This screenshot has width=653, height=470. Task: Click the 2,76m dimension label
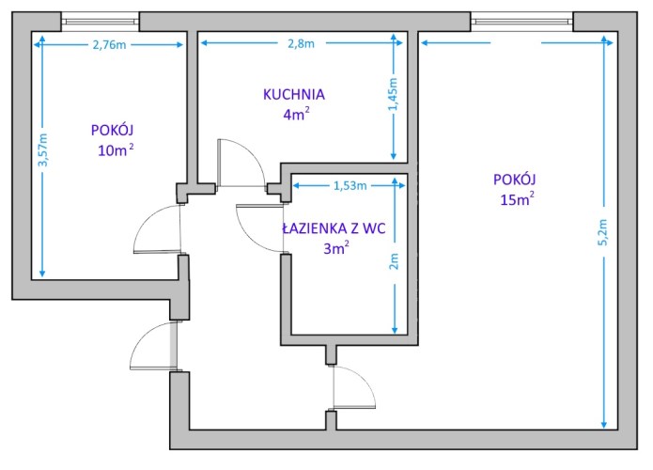point(109,44)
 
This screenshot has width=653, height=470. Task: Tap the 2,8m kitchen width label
point(301,43)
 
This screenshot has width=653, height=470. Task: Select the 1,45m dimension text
point(393,95)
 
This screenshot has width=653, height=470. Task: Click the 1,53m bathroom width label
point(350,185)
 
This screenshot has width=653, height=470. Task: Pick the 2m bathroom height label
point(394,261)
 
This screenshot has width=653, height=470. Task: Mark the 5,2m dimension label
point(603,232)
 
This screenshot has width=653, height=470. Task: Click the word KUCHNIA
point(294,95)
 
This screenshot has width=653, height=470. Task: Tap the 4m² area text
point(296,114)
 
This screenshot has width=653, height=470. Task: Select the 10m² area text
point(116,150)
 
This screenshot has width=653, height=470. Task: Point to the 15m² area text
point(518,199)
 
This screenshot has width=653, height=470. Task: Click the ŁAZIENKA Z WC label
point(334,228)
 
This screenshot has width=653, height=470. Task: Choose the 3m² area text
point(336,248)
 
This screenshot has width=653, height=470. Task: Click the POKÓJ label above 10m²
point(112,130)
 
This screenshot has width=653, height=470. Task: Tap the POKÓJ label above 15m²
point(514,180)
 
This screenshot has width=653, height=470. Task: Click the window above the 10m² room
point(100,22)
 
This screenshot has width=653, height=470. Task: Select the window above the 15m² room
point(521,22)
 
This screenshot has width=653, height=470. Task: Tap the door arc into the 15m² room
point(364,379)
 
